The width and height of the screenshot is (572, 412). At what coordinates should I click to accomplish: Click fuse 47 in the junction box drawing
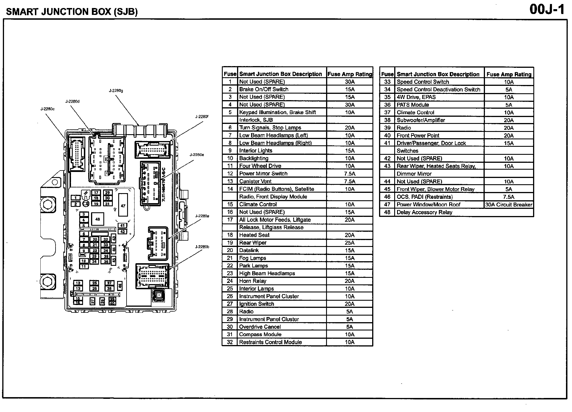tap(123, 206)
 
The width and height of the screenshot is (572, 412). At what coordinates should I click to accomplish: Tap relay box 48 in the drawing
tap(98, 219)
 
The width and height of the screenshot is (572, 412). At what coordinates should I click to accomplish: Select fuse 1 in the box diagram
tap(76, 198)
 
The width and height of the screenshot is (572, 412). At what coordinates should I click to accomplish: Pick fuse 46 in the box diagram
tap(120, 285)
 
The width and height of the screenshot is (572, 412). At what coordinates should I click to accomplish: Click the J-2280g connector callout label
tap(116, 91)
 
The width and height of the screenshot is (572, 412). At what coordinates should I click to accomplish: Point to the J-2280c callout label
tap(47, 109)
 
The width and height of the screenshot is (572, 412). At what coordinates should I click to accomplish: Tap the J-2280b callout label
tap(202, 247)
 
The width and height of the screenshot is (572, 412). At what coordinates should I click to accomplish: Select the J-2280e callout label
tap(197, 155)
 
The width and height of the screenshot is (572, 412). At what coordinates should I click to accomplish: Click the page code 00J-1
tap(547, 9)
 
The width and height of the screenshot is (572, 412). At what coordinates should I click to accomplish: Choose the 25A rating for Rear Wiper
tap(350, 243)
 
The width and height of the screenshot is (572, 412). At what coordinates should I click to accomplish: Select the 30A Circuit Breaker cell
tap(509, 205)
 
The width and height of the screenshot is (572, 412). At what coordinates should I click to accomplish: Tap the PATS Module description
tap(413, 105)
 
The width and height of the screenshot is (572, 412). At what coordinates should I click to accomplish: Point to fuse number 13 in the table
tap(230, 181)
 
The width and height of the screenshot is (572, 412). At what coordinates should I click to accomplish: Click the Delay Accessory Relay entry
tap(424, 212)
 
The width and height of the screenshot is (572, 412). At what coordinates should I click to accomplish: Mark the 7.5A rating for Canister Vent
tap(350, 181)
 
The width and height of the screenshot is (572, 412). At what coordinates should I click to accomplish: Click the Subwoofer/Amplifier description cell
tap(421, 120)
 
